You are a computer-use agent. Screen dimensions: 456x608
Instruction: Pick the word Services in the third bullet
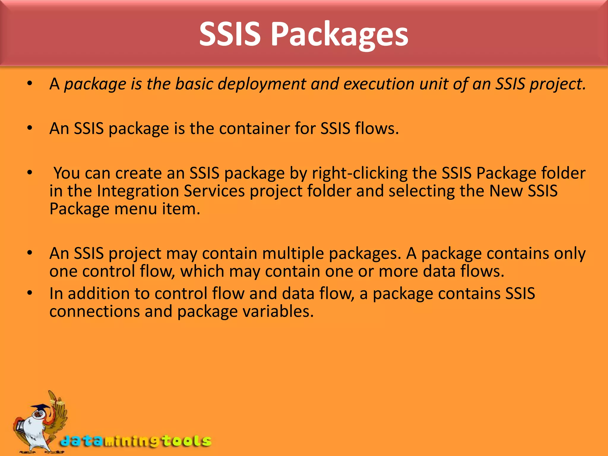(x=214, y=191)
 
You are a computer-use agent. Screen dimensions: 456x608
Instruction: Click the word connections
(x=94, y=312)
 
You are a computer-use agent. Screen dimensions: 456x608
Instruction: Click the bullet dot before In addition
(x=29, y=293)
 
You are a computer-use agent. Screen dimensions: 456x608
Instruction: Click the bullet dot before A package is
(x=29, y=84)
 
